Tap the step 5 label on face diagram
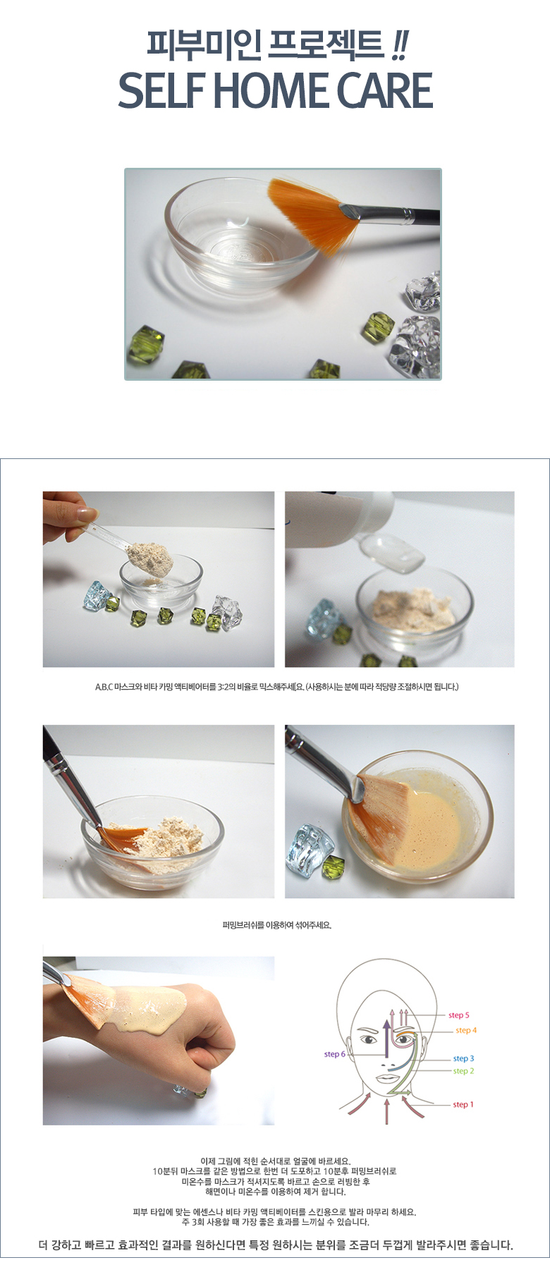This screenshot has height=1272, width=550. [458, 1015]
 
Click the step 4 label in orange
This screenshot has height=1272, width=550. [465, 1030]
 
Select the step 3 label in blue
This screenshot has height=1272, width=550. [463, 1058]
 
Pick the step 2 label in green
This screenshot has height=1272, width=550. [463, 1071]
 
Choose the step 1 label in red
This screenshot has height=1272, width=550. [463, 1104]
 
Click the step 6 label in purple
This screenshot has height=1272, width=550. [334, 1054]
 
